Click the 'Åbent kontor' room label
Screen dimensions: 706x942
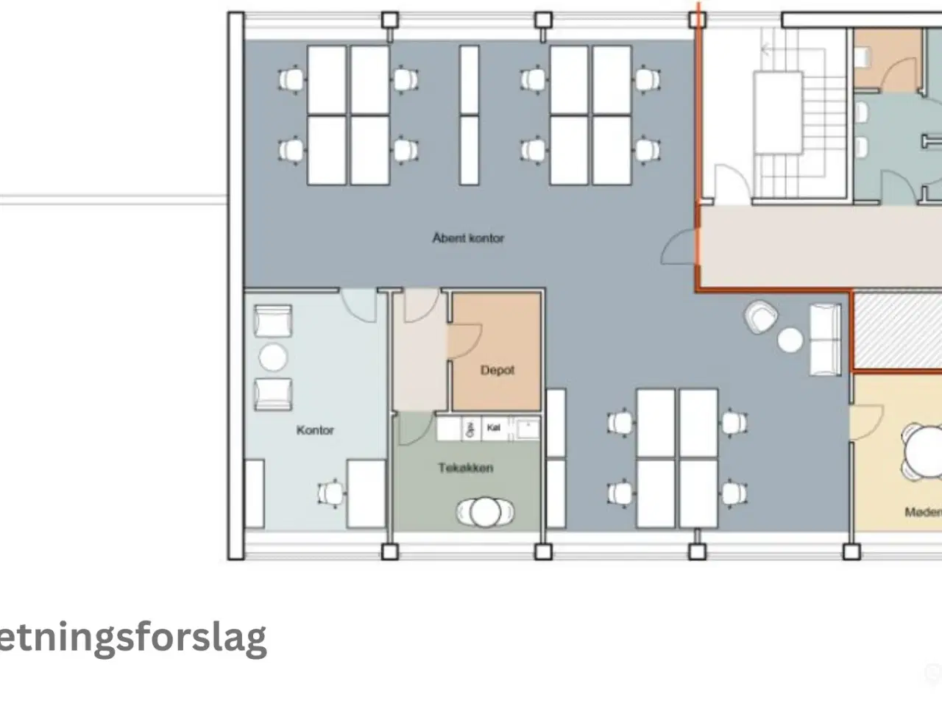pos(468,238)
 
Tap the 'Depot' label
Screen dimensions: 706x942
pos(497,371)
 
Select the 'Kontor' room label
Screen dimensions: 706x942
pos(315,430)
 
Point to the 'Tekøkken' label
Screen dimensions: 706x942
pos(466,468)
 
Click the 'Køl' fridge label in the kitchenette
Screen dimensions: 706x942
pos(494,427)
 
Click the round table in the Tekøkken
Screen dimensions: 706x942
pos(485,512)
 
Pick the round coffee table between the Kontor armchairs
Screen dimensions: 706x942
pos(273,358)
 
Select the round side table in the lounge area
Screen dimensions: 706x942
pos(790,340)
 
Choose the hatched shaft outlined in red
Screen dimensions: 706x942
pos(896,331)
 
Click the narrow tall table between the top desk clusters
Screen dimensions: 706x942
pos(469,114)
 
